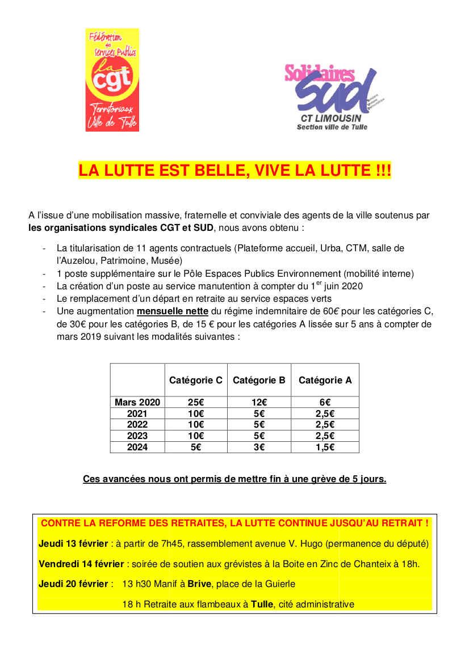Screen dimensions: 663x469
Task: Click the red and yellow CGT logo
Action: click(x=112, y=80)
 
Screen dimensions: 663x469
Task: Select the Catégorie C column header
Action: click(x=196, y=380)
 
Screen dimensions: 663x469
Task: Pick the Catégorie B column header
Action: click(x=259, y=380)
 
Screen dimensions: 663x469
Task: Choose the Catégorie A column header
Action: click(x=325, y=380)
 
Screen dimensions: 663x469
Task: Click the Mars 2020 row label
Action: click(x=137, y=402)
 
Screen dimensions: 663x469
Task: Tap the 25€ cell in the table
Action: click(x=196, y=402)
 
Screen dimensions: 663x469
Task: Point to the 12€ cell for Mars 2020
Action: click(x=259, y=402)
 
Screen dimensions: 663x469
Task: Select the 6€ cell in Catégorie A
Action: click(x=325, y=402)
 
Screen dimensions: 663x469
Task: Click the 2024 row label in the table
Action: click(x=137, y=447)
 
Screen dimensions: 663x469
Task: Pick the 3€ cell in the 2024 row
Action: click(x=259, y=447)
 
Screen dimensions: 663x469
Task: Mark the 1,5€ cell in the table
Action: click(x=325, y=447)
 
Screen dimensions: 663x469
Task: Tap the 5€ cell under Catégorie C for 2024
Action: click(x=196, y=447)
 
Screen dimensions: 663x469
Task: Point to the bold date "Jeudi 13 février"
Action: click(x=73, y=543)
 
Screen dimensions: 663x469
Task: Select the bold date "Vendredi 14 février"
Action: click(x=81, y=564)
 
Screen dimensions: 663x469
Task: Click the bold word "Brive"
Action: click(x=209, y=584)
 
